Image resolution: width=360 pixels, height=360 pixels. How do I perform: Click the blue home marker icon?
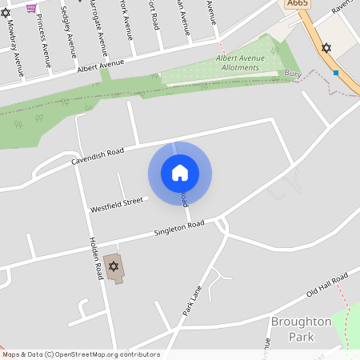coord(180,173)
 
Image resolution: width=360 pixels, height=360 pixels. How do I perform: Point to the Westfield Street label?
coord(116,204)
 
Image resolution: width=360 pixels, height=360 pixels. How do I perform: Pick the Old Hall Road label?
coord(327,285)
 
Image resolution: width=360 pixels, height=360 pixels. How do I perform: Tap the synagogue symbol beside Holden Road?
coord(114,266)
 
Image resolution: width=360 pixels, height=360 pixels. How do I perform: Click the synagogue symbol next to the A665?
coord(326,48)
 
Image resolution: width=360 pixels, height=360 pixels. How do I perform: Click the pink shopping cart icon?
coord(31,7)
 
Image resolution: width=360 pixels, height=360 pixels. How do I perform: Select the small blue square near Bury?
coord(336,73)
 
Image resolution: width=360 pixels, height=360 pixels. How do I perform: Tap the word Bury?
coord(292,73)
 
